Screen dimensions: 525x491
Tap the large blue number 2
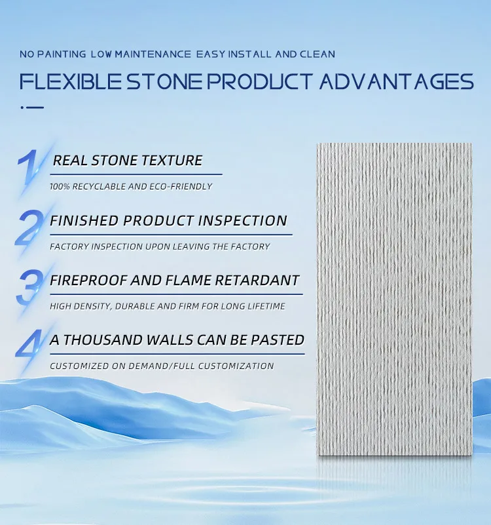click(x=29, y=227)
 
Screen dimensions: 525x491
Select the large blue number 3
click(x=29, y=287)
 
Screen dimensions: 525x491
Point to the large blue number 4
click(x=29, y=347)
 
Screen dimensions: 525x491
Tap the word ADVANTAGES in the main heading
click(x=396, y=82)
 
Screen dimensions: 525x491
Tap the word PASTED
click(x=280, y=340)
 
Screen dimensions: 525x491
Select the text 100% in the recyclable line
click(x=60, y=187)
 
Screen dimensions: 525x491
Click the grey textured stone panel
click(x=394, y=295)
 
